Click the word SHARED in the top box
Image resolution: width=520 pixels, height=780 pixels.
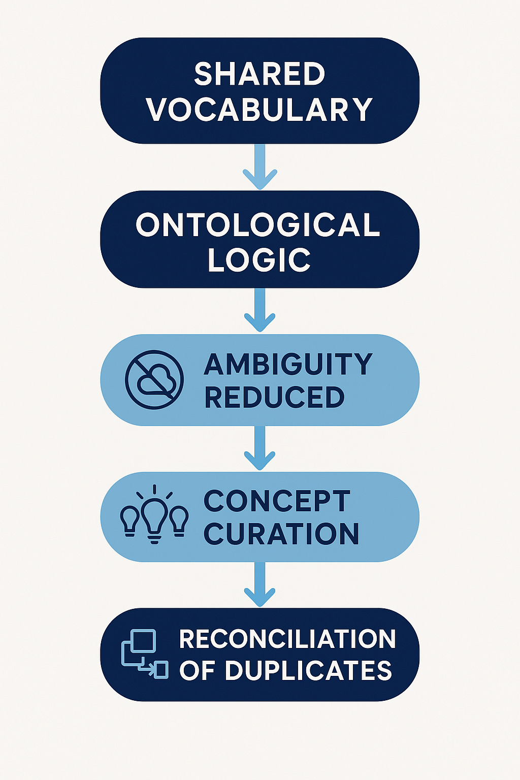[259, 74]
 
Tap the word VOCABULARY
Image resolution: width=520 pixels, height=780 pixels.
[259, 109]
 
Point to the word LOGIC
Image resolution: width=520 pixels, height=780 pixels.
[259, 259]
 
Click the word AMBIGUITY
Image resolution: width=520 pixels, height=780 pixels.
[288, 364]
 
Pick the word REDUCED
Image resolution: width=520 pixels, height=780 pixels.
[274, 397]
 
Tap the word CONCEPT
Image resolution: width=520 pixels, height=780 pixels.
[277, 501]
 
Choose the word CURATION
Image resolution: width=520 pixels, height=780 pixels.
[281, 534]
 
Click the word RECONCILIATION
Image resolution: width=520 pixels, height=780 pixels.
[287, 639]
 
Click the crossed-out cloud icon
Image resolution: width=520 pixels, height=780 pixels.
[154, 379]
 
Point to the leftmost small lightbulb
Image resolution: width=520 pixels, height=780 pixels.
[129, 521]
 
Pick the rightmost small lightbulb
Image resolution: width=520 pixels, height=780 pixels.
[179, 521]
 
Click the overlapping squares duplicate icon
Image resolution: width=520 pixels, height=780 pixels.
[145, 654]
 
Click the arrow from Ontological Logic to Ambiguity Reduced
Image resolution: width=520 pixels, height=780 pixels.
[260, 310]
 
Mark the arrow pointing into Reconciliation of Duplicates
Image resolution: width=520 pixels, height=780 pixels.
[260, 584]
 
